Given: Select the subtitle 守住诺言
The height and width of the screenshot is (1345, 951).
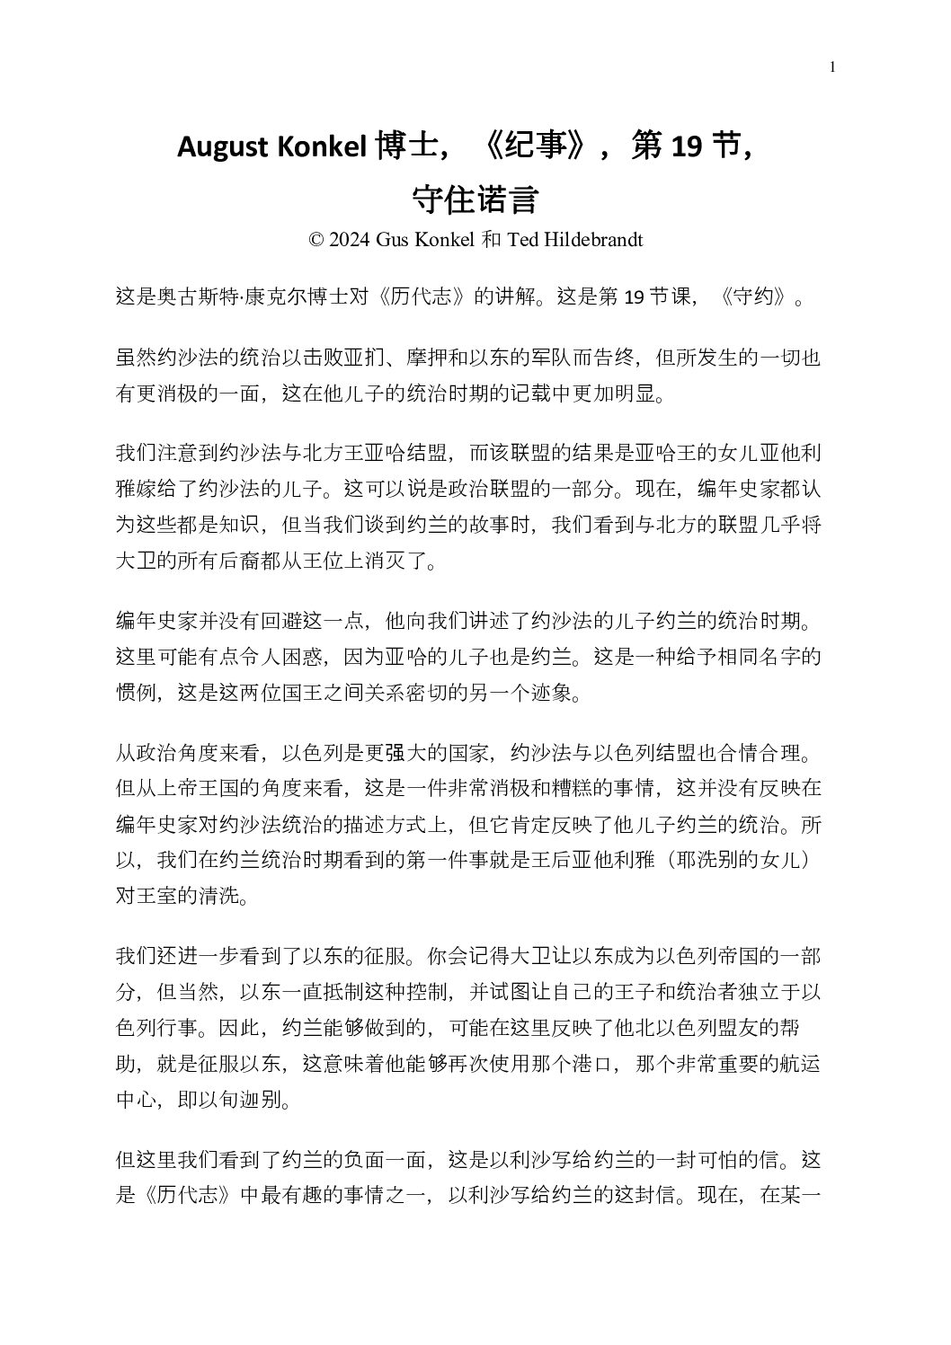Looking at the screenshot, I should pos(475,199).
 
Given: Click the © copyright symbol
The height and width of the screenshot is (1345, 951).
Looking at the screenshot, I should pos(316,240).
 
